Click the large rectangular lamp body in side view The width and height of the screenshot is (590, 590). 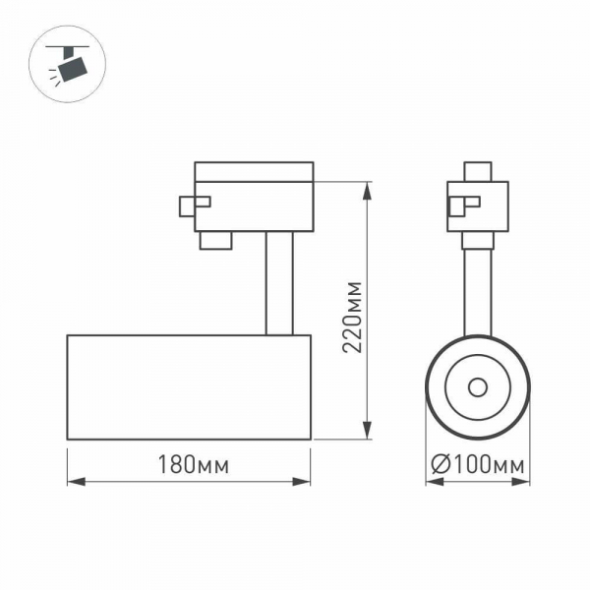pyautogui.click(x=189, y=386)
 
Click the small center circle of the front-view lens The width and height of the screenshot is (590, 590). pyautogui.click(x=478, y=386)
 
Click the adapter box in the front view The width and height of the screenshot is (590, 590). pyautogui.click(x=478, y=206)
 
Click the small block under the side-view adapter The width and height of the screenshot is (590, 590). pyautogui.click(x=215, y=241)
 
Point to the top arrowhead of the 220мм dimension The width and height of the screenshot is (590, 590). pyautogui.click(x=368, y=188)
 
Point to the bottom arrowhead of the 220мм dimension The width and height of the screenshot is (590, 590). pyautogui.click(x=368, y=432)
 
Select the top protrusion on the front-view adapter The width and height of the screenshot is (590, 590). pyautogui.click(x=478, y=171)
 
